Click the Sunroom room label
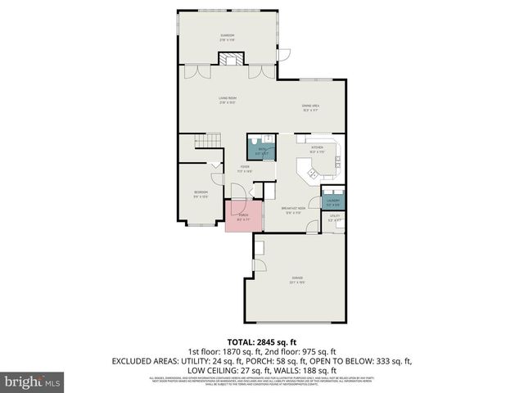pos(227,37)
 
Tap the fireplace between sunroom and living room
pos(230,59)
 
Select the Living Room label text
pos(227,101)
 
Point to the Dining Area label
pos(310,107)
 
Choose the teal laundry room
pos(333,201)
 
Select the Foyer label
pos(244,169)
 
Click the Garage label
pos(296,280)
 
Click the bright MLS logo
pos(33,381)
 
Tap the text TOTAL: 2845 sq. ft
pos(261,341)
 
